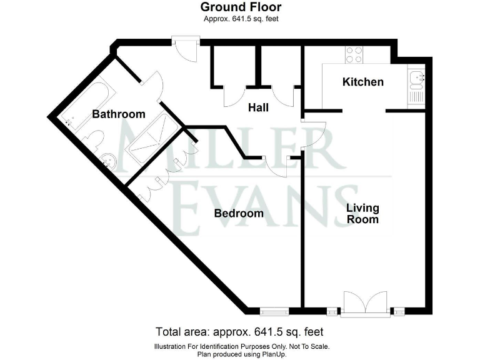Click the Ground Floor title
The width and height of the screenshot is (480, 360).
[x=241, y=7]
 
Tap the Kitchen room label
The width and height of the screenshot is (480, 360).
[x=362, y=82]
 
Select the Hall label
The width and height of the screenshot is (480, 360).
[x=258, y=107]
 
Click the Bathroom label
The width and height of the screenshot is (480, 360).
[x=119, y=114]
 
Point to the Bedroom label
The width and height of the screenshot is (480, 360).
[x=239, y=214]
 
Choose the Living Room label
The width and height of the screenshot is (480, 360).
[x=362, y=214]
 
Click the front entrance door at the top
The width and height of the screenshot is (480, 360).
[x=186, y=49]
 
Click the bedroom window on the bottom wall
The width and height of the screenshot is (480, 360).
[x=275, y=309]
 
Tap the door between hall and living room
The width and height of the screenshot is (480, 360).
[x=312, y=132]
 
